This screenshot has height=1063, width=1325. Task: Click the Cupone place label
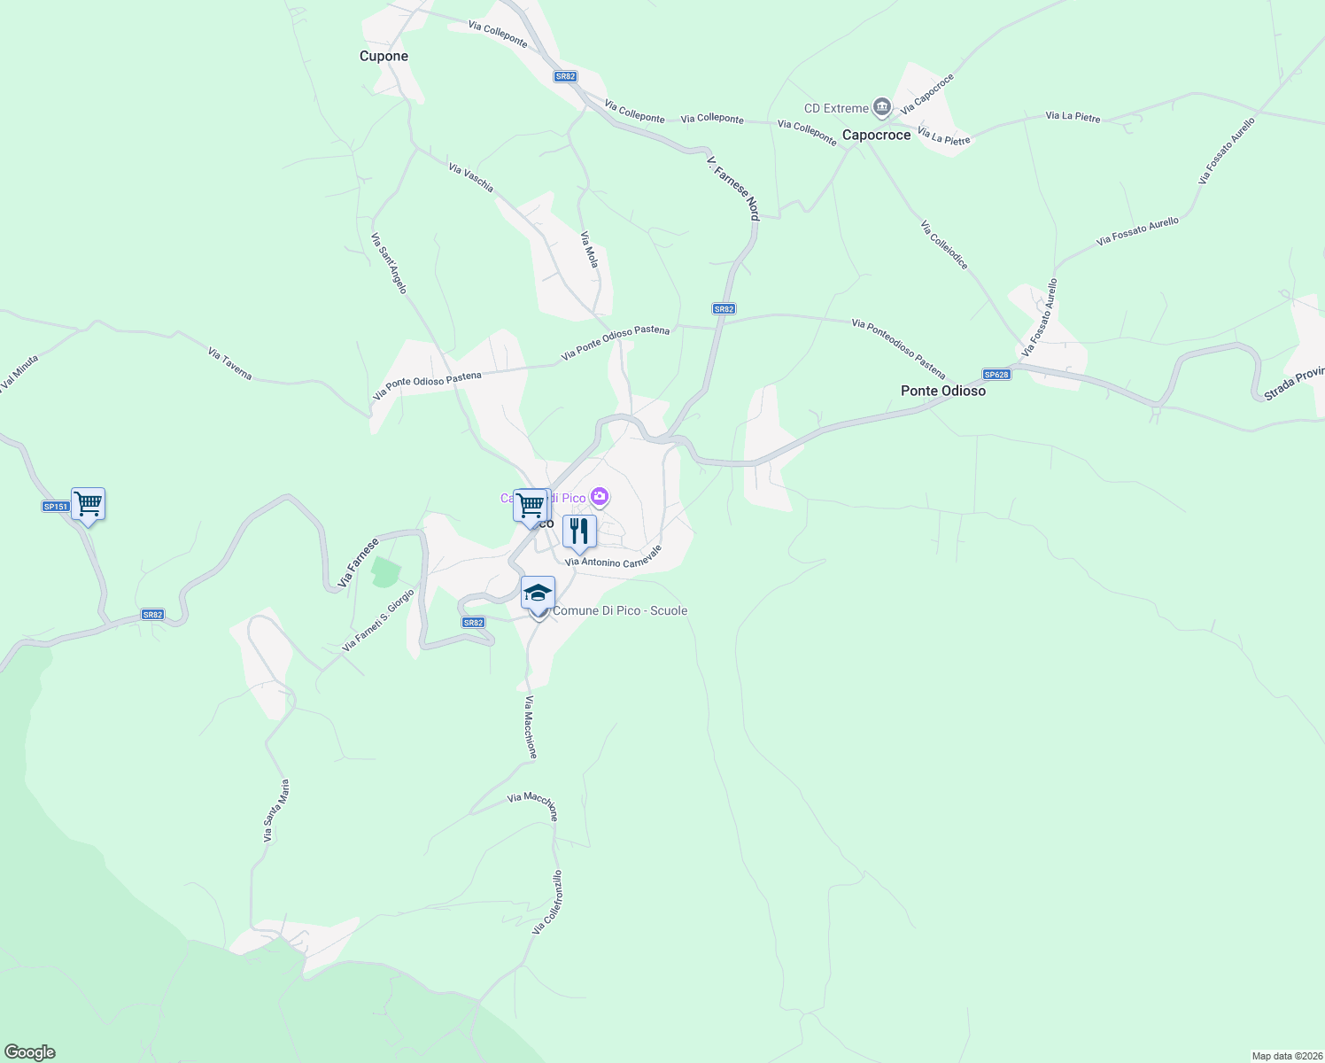click(x=384, y=56)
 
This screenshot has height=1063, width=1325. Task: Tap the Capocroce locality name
click(x=876, y=136)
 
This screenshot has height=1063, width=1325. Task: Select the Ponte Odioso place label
click(x=942, y=391)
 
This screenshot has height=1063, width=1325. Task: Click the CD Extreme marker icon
click(x=881, y=108)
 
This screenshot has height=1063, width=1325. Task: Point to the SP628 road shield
click(x=996, y=375)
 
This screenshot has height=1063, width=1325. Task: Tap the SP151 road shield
click(x=55, y=507)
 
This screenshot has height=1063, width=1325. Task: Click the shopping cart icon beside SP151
click(x=88, y=505)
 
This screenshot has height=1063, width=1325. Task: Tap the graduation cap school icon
click(x=538, y=594)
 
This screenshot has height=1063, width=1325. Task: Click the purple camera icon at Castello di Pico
click(x=600, y=497)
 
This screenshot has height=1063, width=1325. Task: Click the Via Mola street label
click(x=589, y=250)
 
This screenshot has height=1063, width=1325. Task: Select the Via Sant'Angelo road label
click(x=389, y=263)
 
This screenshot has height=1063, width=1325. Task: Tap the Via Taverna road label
click(x=230, y=364)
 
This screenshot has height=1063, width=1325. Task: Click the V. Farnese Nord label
click(x=733, y=189)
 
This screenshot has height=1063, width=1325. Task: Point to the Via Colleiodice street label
click(x=943, y=245)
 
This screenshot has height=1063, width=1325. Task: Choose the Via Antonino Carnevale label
click(x=613, y=556)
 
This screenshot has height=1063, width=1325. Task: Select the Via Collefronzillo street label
click(x=546, y=903)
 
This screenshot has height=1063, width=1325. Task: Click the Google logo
click(x=30, y=1052)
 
